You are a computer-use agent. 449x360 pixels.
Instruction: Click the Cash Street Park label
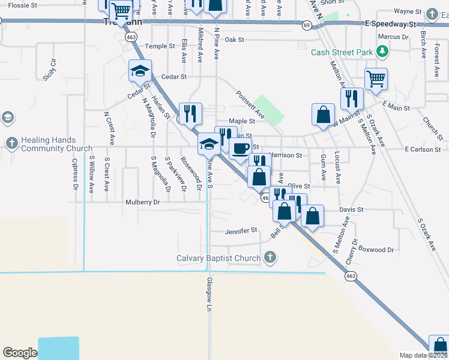pyautogui.click(x=341, y=52)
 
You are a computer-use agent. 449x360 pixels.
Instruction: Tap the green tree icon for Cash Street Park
pyautogui.click(x=381, y=52)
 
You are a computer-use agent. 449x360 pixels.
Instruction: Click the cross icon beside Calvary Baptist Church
pyautogui.click(x=270, y=258)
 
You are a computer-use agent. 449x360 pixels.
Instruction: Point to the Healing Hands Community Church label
pyautogui.click(x=57, y=144)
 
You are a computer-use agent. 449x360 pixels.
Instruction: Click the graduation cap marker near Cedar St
pyautogui.click(x=140, y=71)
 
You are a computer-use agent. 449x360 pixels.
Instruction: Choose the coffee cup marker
pyautogui.click(x=241, y=148)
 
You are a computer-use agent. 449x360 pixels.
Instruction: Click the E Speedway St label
pyautogui.click(x=390, y=25)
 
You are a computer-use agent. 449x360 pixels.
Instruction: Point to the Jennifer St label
pyautogui.click(x=241, y=230)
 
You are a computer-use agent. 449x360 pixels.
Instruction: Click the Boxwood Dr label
pyautogui.click(x=376, y=249)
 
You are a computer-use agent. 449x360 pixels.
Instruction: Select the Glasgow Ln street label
pyautogui.click(x=210, y=294)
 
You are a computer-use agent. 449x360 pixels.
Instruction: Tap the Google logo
pyautogui.click(x=20, y=353)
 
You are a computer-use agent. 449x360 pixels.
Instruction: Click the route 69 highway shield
pyautogui.click(x=306, y=25)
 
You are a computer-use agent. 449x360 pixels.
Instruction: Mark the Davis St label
pyautogui.click(x=352, y=210)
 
